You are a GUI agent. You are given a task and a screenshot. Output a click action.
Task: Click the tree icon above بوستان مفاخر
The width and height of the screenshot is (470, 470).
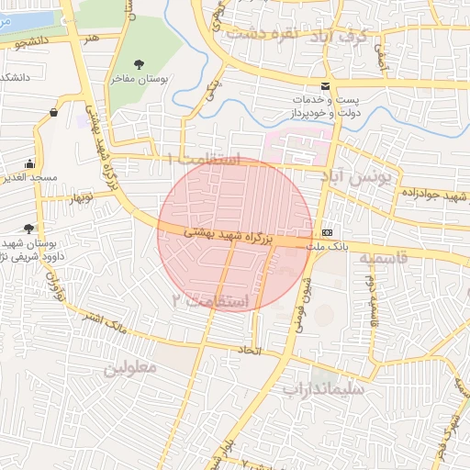(x=139, y=63)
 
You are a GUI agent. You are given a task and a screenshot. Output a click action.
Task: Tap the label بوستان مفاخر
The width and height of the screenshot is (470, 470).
(x=138, y=80)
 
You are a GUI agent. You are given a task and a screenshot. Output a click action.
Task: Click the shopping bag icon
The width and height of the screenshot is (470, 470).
(x=54, y=113)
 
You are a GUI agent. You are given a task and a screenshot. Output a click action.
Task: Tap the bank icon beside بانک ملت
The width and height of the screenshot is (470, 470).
(x=328, y=231)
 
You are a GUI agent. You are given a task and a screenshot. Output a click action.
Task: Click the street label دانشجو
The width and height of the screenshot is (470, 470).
(x=33, y=43)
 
